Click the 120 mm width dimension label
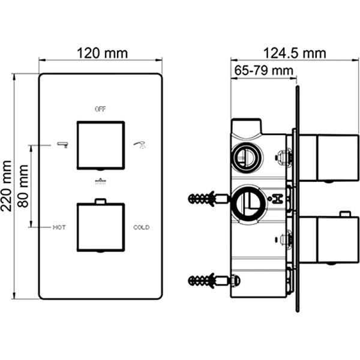click(101, 53)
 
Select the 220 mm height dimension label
click(7, 186)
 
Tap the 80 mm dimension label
click(23, 186)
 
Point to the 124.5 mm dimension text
click(294, 53)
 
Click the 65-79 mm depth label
click(260, 71)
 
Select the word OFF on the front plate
click(100, 109)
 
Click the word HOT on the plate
click(59, 227)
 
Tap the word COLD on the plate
click(142, 227)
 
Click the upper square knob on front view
click(100, 145)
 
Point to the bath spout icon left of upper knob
click(61, 144)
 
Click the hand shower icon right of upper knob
click(140, 144)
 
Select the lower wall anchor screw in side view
click(206, 280)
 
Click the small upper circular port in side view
click(246, 158)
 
